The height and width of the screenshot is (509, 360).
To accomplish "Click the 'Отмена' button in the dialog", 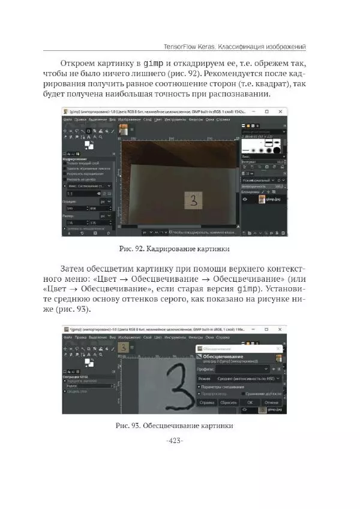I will [x=272, y=403].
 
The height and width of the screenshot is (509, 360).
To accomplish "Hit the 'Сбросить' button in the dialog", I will [x=229, y=403].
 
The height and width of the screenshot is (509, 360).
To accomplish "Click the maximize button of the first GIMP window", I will [x=267, y=112].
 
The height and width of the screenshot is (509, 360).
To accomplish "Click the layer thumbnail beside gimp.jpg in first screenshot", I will [x=262, y=198].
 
